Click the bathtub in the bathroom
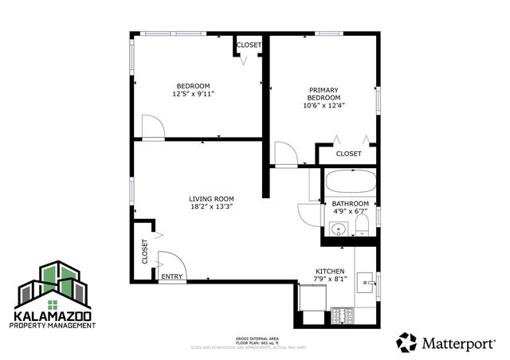[350, 182]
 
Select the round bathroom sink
[337, 231]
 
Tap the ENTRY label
[171, 276]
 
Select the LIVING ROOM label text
[211, 199]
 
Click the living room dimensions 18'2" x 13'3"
[211, 207]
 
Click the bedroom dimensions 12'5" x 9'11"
[193, 94]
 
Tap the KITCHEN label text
[330, 271]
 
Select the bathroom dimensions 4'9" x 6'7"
[351, 212]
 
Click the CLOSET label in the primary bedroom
[348, 154]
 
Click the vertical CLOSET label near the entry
[145, 252]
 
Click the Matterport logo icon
[406, 342]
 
